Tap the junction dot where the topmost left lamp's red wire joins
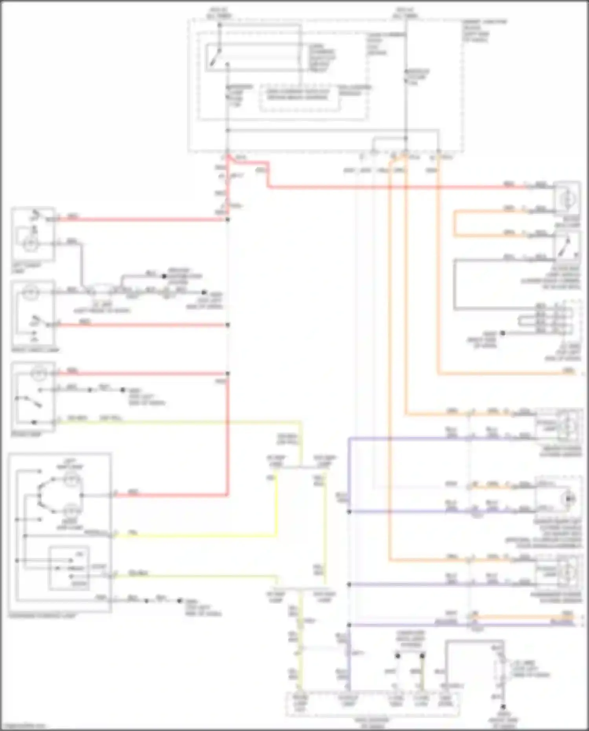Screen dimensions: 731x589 coord(228,219)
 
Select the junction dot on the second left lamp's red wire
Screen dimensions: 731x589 coord(228,325)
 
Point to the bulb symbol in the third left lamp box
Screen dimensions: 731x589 coord(38,374)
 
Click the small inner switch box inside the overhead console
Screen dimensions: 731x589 coord(69,568)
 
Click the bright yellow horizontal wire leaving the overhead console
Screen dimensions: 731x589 coord(196,535)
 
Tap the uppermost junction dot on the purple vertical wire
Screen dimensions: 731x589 coord(349,511)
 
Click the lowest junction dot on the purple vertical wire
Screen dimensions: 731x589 coord(349,625)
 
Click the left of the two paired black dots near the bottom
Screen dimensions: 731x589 coord(397,656)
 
